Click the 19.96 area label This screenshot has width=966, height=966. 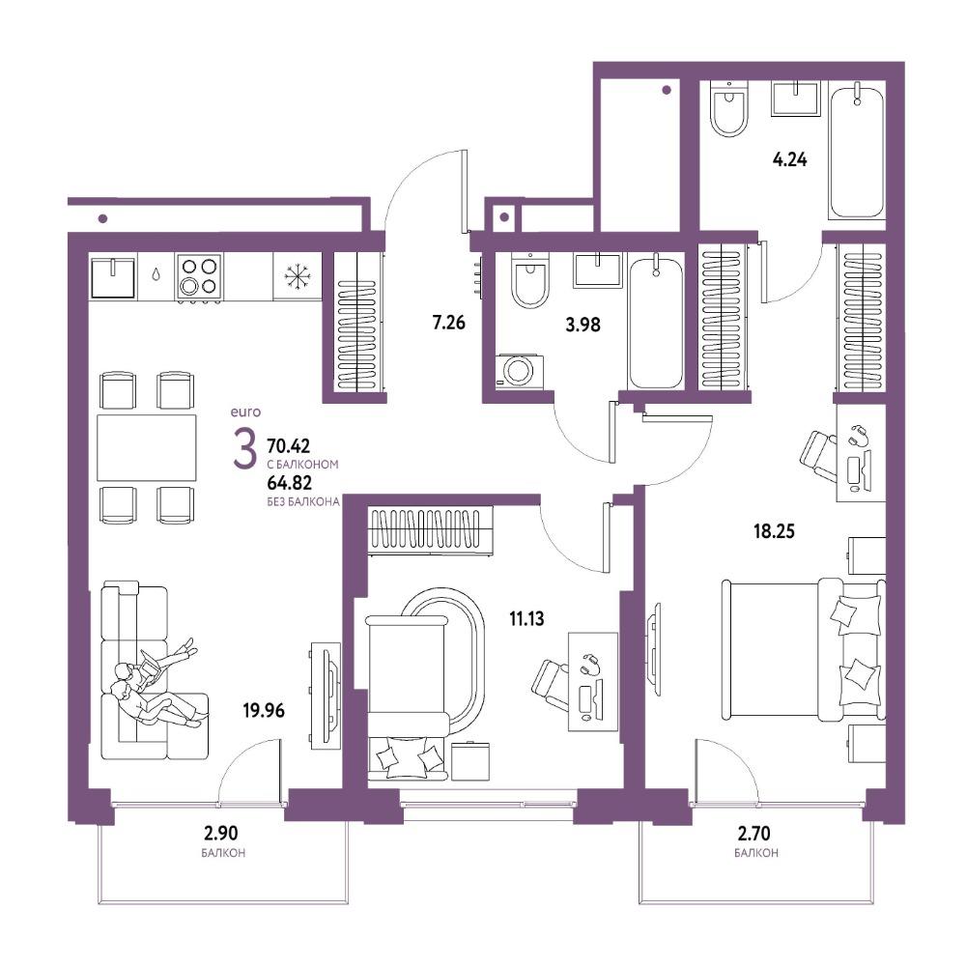pos(264,710)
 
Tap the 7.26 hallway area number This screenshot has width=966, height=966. pos(448,323)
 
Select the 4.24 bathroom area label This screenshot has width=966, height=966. pos(789,160)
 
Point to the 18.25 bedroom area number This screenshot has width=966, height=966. pos(774,530)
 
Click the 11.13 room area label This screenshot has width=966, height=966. pos(526,618)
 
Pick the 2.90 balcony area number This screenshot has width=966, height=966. pos(220,834)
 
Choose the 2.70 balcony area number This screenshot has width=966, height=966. pos(754,834)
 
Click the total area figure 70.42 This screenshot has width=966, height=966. pos(288,444)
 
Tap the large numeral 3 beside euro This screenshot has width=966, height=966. pos(244,448)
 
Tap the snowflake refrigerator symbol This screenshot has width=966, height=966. pos(297,276)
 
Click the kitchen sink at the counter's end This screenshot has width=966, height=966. pos(113,276)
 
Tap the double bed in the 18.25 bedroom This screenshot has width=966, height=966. pos(804,649)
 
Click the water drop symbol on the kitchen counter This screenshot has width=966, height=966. pos(156,274)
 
